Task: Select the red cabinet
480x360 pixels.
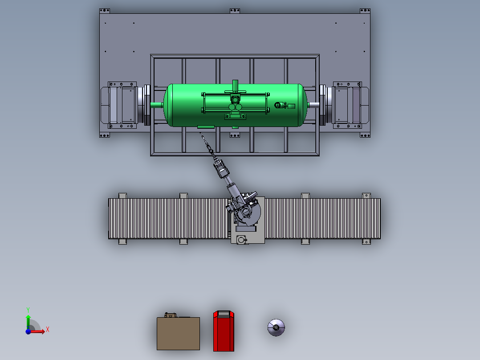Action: click(224, 331)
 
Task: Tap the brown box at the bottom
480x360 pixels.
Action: click(178, 333)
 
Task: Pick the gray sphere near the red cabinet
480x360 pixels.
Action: click(276, 327)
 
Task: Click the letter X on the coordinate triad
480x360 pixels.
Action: click(48, 330)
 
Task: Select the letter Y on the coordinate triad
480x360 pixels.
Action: click(28, 310)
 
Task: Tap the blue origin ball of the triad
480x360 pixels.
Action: click(28, 331)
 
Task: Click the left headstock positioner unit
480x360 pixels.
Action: click(122, 105)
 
